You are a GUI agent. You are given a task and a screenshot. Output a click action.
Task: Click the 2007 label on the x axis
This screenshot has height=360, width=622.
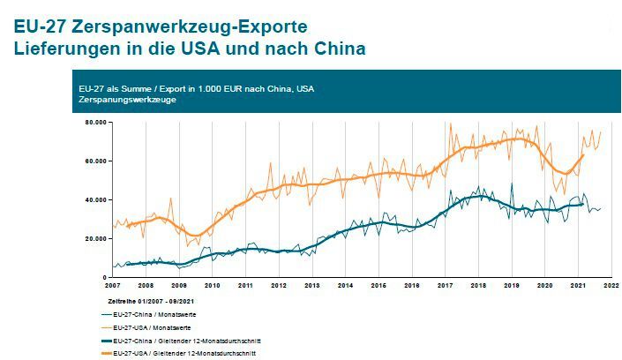(x=113, y=286)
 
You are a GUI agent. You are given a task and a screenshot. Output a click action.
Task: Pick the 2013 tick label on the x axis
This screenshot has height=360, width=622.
(x=311, y=286)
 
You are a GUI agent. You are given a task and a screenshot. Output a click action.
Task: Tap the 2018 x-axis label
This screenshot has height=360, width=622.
(x=478, y=286)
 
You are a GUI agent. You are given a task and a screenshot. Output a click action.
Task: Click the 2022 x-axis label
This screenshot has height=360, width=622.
(x=611, y=286)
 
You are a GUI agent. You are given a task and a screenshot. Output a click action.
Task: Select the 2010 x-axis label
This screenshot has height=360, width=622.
(x=213, y=286)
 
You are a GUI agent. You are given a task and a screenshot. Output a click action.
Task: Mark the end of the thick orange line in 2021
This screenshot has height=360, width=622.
(x=583, y=155)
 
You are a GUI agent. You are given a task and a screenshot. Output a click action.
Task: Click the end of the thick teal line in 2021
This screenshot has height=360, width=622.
(x=583, y=204)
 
